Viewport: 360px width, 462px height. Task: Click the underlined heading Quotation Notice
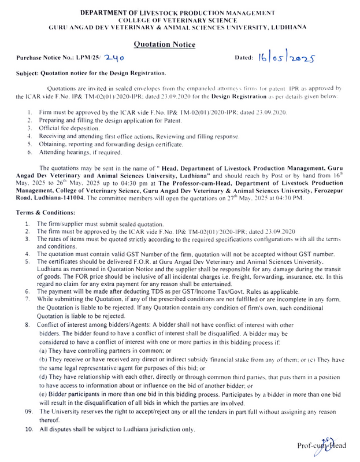click(164, 44)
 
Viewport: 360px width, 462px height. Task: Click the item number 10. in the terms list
click(29, 430)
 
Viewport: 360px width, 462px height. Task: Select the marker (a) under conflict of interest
click(43, 352)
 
